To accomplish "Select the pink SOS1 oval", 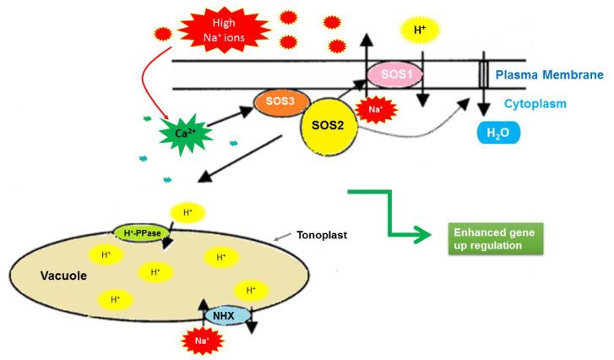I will [396, 76].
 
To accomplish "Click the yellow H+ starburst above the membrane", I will [420, 31].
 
